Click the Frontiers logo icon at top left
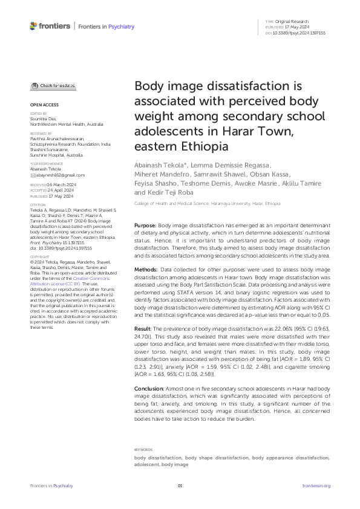[33, 25]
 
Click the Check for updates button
[53, 86]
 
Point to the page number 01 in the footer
[180, 485]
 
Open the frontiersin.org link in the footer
[316, 485]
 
